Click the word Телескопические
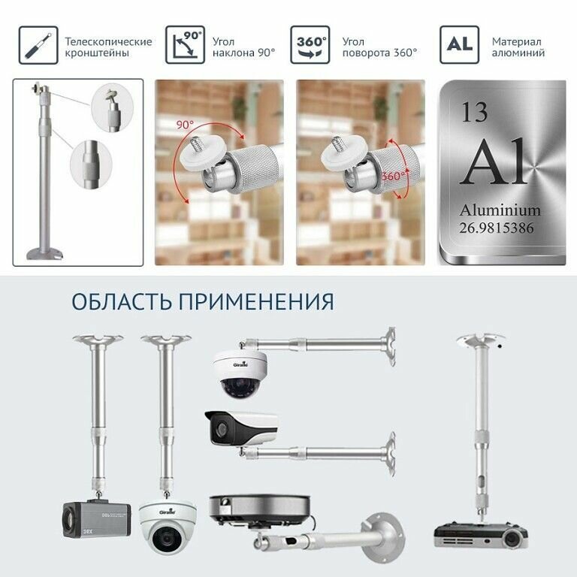coord(108,41)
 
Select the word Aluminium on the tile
coord(500,210)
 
